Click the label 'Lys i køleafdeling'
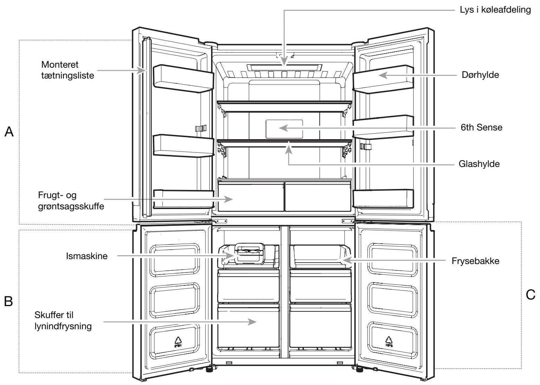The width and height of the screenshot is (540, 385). (495, 10)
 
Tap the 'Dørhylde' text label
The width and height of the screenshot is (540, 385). (480, 75)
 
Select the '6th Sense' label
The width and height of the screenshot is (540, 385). (481, 127)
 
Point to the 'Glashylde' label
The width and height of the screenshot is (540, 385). (479, 164)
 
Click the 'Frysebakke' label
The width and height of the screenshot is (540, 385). (475, 261)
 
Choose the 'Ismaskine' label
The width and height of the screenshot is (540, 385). (87, 256)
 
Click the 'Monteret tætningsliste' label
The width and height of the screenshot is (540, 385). (67, 70)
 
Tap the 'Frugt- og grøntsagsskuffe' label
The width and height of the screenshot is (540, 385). (71, 201)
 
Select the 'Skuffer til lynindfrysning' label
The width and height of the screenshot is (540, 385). (63, 320)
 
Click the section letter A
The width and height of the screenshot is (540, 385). (9, 131)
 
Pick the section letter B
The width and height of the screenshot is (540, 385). (8, 301)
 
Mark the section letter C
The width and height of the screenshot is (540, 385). (531, 295)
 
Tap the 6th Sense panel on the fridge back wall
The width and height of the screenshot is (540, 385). (284, 129)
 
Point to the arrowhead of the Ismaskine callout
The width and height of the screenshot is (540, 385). (230, 256)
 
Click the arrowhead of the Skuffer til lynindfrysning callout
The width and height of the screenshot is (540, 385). (252, 322)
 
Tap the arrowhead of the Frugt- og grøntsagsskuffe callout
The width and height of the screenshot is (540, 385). (228, 199)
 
